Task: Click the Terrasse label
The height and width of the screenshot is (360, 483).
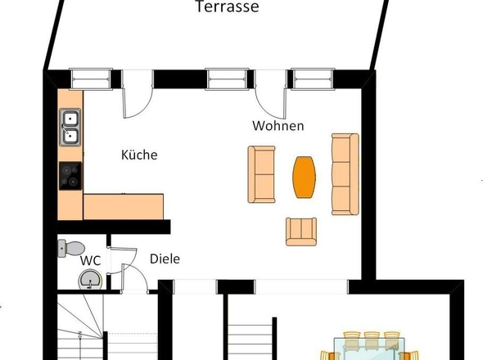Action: click(x=228, y=7)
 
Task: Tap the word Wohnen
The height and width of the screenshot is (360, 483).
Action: click(x=278, y=126)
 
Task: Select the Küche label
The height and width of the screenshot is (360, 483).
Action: click(x=139, y=155)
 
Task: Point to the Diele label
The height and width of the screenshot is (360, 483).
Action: click(x=165, y=259)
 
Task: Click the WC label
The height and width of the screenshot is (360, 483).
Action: click(x=90, y=260)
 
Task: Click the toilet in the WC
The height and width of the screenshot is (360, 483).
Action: click(x=71, y=248)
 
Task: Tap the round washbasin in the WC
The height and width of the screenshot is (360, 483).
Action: click(x=90, y=280)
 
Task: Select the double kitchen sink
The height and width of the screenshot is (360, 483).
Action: click(x=70, y=127)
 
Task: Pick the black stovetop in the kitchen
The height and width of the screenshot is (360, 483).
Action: click(x=70, y=176)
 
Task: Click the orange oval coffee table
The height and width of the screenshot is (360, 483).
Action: click(x=304, y=177)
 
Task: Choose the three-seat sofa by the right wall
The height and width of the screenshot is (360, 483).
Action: click(x=345, y=174)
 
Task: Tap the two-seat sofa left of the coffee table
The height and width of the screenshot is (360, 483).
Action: click(x=261, y=174)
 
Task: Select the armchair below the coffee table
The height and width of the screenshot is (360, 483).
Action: click(x=301, y=232)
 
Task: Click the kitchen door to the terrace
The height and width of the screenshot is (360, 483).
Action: click(x=138, y=94)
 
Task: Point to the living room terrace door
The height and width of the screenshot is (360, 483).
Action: click(x=271, y=94)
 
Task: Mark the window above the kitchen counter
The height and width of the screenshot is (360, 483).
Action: click(x=91, y=79)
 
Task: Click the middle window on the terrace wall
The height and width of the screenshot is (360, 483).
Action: click(x=227, y=79)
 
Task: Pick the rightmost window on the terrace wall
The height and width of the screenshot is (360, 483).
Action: click(x=313, y=79)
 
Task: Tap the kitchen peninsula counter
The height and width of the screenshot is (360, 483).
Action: click(x=124, y=207)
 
